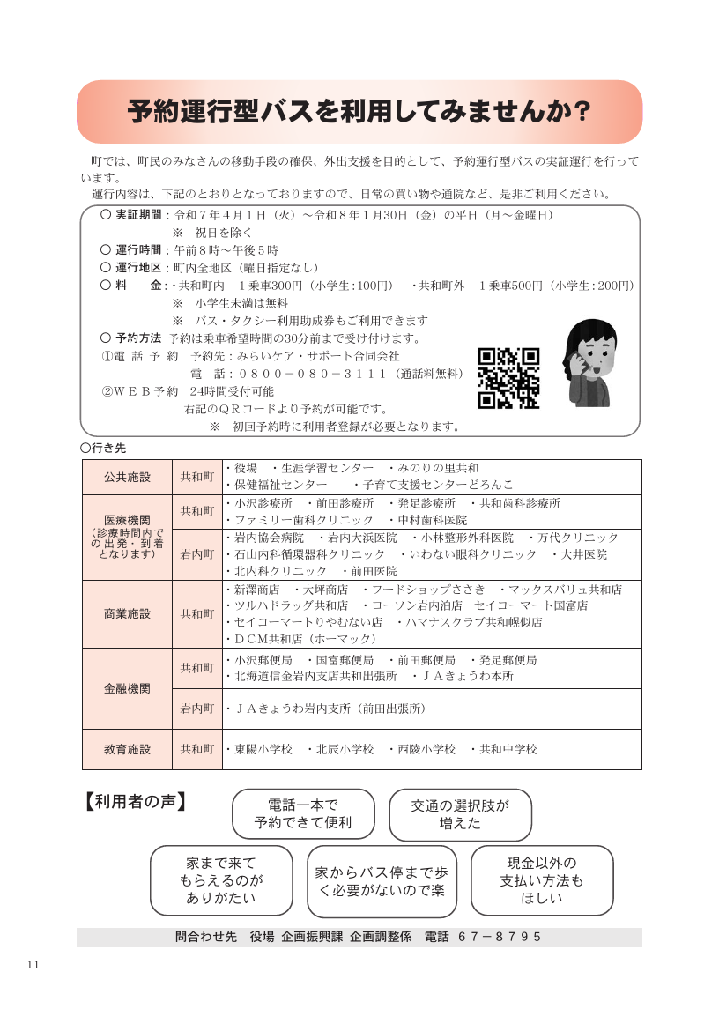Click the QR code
(x=508, y=378)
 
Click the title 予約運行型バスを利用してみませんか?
(x=359, y=112)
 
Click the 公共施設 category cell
(x=127, y=477)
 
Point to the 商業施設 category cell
(x=127, y=613)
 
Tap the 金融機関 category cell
(x=127, y=688)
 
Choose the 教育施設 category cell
(x=127, y=749)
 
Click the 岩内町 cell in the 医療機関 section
(x=197, y=554)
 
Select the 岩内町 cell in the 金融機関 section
(x=197, y=708)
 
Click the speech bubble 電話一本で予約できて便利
(x=303, y=813)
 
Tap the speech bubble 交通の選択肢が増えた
(x=460, y=813)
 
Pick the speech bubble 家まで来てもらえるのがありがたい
(x=221, y=880)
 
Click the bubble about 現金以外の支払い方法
(x=542, y=880)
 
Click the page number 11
(x=33, y=963)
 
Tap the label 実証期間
(x=138, y=215)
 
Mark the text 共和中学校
(x=508, y=749)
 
